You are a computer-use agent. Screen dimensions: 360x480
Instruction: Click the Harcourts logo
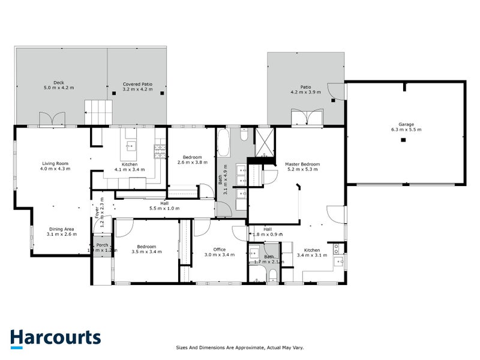(x=55, y=337)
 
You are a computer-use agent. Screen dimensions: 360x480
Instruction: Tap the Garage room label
(x=406, y=127)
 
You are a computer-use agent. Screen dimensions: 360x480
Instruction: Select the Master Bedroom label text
(x=302, y=167)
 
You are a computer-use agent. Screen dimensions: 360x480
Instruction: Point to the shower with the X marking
(x=263, y=142)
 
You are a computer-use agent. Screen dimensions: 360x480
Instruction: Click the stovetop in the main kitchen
(x=160, y=152)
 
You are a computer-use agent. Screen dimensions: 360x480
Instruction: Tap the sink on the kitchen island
(x=131, y=146)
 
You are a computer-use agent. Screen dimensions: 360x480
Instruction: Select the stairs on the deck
(x=98, y=113)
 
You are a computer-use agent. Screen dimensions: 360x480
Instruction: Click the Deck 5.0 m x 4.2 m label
(x=59, y=86)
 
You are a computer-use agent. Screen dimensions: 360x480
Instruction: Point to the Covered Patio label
(x=137, y=87)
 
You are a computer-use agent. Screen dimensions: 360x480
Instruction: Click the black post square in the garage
(x=403, y=140)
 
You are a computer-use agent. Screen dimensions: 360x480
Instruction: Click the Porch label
(x=102, y=247)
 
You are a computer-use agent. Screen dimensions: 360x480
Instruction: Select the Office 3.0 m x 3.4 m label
(x=215, y=253)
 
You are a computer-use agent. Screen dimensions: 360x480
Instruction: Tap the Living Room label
(x=55, y=166)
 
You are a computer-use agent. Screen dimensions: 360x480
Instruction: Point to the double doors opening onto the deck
(x=51, y=119)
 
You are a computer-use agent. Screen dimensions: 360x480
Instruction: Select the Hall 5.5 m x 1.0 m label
(x=164, y=206)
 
